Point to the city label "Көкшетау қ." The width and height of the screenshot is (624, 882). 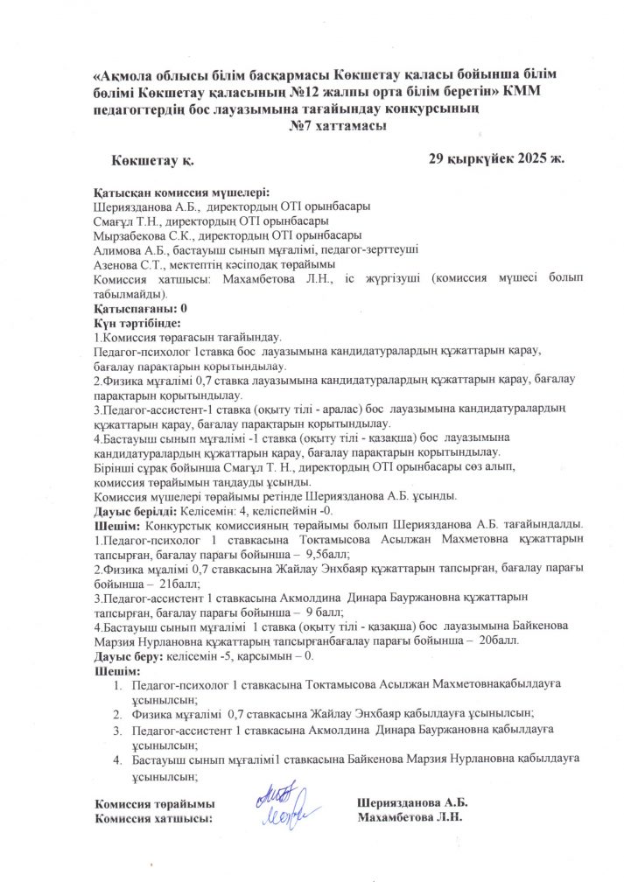point(152,160)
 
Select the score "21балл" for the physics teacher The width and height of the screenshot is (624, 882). point(177,583)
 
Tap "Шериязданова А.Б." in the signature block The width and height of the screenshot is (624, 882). point(412,802)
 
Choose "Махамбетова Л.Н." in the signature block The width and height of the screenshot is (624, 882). point(410,817)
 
